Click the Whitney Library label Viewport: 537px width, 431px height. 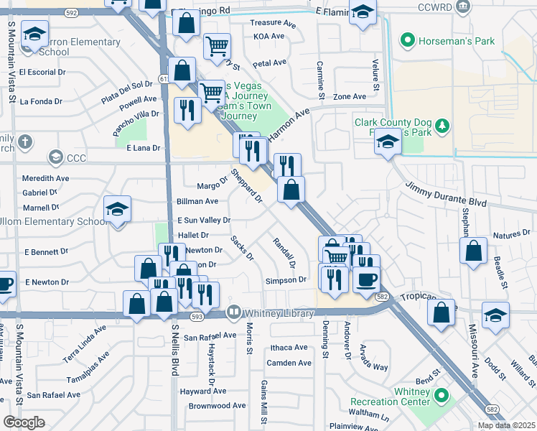click(279, 313)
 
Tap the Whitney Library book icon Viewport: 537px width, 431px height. click(233, 312)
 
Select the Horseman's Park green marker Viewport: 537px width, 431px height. click(408, 40)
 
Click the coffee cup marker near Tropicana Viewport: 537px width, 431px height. click(367, 280)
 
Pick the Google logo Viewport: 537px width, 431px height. click(24, 422)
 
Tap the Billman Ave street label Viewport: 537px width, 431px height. click(197, 202)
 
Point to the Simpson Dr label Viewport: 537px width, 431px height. click(286, 280)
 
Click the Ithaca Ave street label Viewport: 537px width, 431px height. click(289, 348)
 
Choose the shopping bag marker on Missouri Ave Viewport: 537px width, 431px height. click(473, 252)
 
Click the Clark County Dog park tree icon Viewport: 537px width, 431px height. click(443, 127)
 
